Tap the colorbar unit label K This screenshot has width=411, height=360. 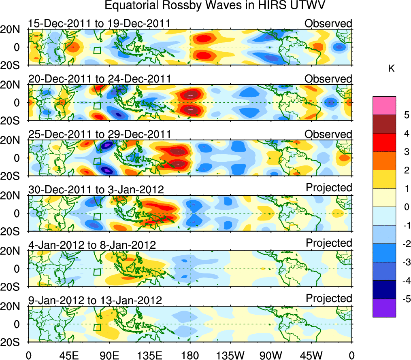391,69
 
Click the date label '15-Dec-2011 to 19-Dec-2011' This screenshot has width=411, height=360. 99,23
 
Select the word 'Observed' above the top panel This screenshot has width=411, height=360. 328,23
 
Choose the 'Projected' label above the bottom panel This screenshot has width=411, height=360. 329,299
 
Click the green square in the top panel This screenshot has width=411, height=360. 97,51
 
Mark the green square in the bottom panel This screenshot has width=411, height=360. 97,327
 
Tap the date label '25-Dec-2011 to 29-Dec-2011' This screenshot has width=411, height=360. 100,134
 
